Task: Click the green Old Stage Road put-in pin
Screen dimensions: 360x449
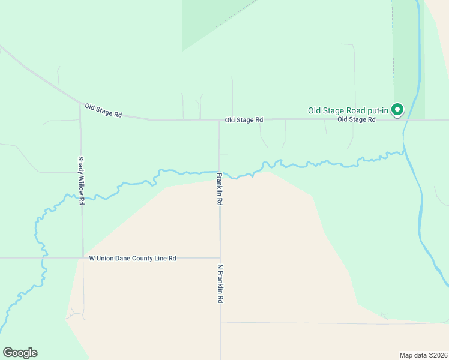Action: point(397,109)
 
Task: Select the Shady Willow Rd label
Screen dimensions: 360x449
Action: point(80,181)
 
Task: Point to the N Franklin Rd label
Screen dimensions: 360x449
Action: point(220,284)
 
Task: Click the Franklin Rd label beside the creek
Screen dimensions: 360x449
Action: point(220,190)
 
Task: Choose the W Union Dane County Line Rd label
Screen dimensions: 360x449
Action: point(133,258)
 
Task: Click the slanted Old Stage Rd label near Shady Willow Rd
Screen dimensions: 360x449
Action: point(103,110)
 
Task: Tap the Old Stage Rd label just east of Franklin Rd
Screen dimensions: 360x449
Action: point(244,120)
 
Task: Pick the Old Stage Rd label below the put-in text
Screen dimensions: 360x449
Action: point(356,119)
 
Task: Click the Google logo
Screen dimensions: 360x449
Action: point(20,353)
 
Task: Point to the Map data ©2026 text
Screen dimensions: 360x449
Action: point(423,355)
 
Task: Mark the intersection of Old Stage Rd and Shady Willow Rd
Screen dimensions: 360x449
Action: point(80,103)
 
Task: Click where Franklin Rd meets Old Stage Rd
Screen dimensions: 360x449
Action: point(218,120)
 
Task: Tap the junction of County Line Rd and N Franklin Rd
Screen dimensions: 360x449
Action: point(220,258)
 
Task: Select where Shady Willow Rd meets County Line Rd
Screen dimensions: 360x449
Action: point(82,258)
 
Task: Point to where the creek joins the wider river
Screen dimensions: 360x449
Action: point(404,153)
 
